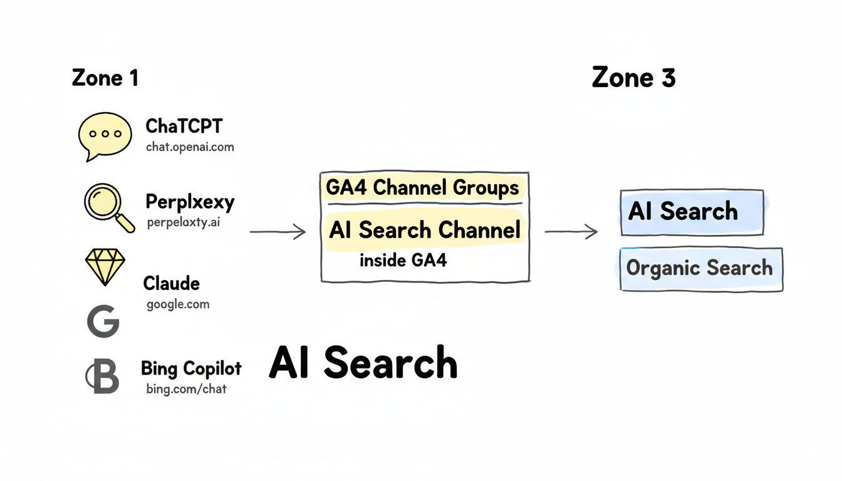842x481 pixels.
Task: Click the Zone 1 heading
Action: pyautogui.click(x=105, y=78)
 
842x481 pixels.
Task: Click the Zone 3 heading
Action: pyautogui.click(x=633, y=78)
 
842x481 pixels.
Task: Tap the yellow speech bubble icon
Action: pyautogui.click(x=105, y=135)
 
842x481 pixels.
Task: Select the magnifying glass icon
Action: pyautogui.click(x=108, y=207)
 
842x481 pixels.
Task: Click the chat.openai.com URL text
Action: pyautogui.click(x=190, y=148)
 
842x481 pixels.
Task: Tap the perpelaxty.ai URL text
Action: pyautogui.click(x=184, y=222)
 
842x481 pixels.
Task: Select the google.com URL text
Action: pyautogui.click(x=178, y=305)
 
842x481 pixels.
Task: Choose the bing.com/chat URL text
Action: pyautogui.click(x=186, y=389)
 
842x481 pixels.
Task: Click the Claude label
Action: pyautogui.click(x=171, y=283)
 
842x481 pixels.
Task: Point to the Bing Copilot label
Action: pyautogui.click(x=191, y=368)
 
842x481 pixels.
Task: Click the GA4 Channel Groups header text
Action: pyautogui.click(x=423, y=188)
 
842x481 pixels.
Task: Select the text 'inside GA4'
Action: pyautogui.click(x=403, y=261)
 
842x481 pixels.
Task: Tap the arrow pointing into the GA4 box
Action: pyautogui.click(x=278, y=232)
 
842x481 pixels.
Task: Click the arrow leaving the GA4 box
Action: pyautogui.click(x=571, y=232)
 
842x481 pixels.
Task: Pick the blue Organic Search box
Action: pyautogui.click(x=700, y=269)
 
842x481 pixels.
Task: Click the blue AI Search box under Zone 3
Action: pyautogui.click(x=691, y=212)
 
